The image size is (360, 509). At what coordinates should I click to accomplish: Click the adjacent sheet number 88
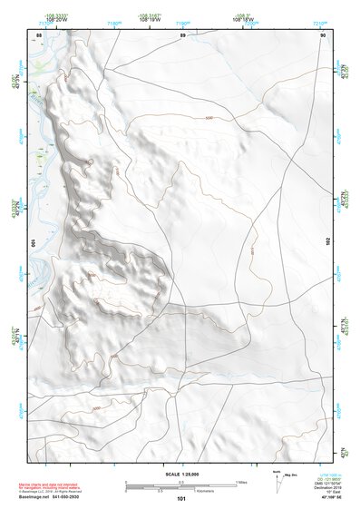pos(39,35)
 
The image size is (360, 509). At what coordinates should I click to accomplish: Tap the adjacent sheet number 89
pos(182,35)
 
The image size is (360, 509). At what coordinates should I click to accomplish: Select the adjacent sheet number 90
pos(323,35)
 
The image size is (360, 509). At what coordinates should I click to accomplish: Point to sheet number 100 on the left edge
pos(34,243)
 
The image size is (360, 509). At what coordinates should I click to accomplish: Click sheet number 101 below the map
pos(181,498)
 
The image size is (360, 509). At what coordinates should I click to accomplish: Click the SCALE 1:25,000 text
pos(180,473)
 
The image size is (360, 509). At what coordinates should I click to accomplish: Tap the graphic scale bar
pos(180,485)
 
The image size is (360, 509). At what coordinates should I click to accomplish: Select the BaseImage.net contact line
pos(63,497)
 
